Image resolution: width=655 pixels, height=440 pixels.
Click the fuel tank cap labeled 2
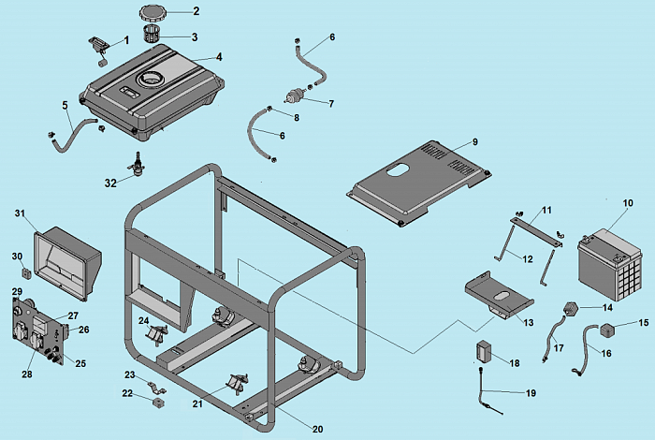click(x=152, y=12)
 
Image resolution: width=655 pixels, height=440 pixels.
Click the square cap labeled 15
click(x=608, y=330)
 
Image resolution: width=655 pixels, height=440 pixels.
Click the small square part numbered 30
click(x=26, y=274)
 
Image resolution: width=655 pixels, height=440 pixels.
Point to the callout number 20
click(x=317, y=429)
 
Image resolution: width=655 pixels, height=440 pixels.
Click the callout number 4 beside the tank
click(x=218, y=57)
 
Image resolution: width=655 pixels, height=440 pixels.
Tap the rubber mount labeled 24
click(x=156, y=332)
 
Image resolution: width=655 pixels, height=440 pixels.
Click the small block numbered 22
click(x=156, y=403)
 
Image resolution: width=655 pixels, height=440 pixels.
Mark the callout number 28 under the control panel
click(x=26, y=374)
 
